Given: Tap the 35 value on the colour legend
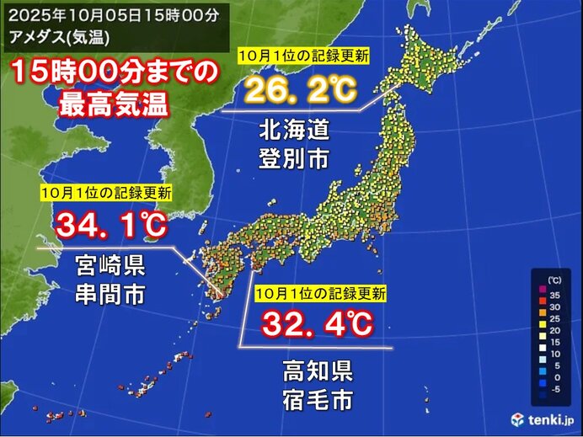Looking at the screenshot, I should click(x=554, y=296).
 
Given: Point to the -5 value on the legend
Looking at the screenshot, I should click(x=554, y=389).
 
